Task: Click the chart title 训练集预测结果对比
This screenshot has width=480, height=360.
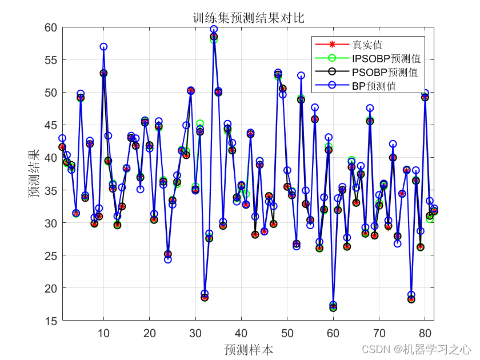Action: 248,18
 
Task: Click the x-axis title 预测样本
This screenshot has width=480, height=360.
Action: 248,349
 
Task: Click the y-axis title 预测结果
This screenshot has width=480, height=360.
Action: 35,174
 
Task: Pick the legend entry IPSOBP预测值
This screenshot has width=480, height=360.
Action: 386,58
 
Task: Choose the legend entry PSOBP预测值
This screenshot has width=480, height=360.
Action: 385,73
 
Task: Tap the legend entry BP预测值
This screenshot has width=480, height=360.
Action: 374,86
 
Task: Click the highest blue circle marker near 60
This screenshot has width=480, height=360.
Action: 214,29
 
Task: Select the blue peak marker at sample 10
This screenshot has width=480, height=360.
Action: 103,47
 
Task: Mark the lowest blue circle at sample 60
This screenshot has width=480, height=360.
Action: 333,305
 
